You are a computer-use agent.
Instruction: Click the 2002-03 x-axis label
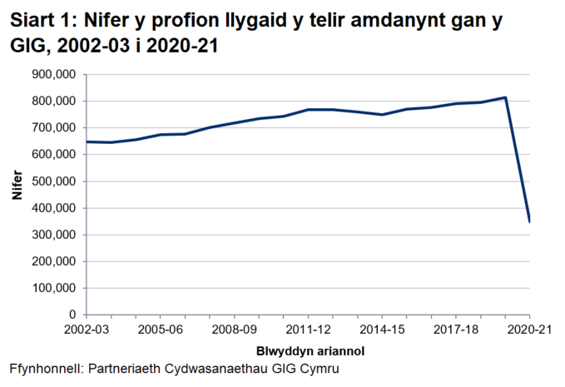(86, 330)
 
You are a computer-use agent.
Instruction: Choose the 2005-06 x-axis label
(160, 330)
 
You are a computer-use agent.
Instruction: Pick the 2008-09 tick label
(234, 330)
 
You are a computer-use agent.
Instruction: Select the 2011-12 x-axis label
(308, 330)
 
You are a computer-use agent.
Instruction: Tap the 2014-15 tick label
(382, 330)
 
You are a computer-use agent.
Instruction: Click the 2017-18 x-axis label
(456, 330)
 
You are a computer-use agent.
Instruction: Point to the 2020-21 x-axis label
(529, 330)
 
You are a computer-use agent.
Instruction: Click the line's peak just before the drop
(505, 97)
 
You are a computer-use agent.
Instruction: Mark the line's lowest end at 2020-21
(530, 221)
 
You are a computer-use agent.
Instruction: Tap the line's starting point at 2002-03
(87, 141)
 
